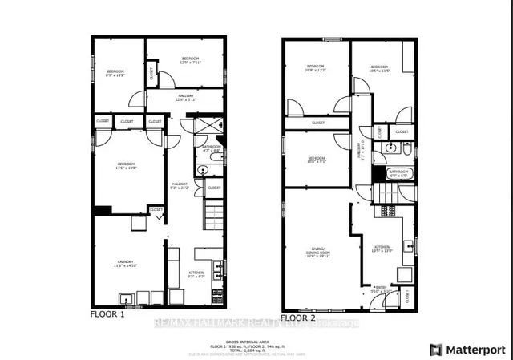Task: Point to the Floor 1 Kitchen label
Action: [196, 274]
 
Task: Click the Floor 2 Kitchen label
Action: [382, 248]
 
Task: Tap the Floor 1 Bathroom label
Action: [211, 148]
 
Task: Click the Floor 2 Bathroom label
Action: [398, 172]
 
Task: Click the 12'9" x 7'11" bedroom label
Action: [190, 60]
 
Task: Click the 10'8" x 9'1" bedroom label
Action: [316, 160]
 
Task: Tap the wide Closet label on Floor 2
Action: [317, 123]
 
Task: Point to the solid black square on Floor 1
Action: [102, 211]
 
